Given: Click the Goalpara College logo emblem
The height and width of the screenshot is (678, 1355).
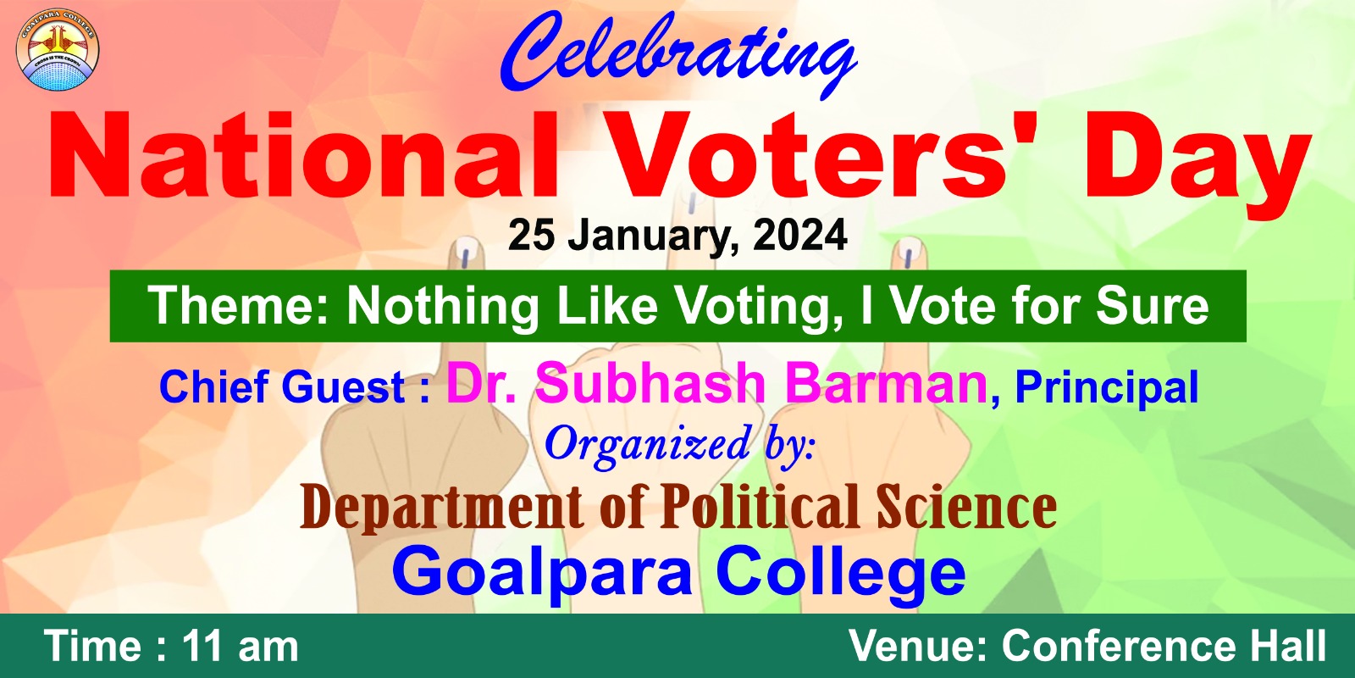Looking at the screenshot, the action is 58,50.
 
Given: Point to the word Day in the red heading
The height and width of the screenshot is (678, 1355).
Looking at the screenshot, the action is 1197,164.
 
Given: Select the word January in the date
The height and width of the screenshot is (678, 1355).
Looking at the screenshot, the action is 654,237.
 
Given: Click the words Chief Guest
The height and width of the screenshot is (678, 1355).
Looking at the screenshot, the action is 282,386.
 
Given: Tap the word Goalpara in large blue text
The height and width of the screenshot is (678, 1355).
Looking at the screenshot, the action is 542,573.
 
